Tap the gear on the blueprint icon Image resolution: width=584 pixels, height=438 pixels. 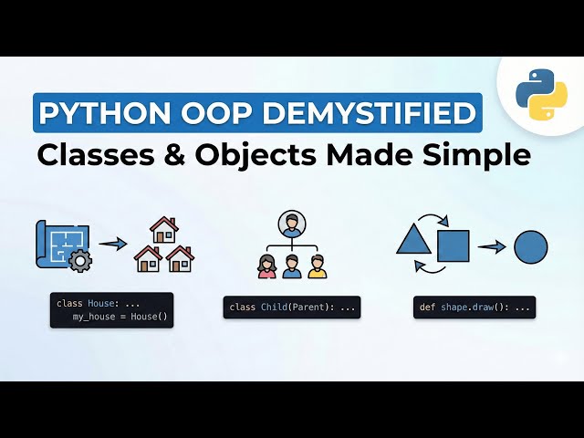click(80, 261)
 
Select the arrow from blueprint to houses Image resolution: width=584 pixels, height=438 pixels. click(113, 244)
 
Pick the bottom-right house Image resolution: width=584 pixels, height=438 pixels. click(180, 258)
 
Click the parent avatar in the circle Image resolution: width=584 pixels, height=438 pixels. click(292, 224)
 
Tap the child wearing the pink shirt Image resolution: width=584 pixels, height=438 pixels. click(267, 266)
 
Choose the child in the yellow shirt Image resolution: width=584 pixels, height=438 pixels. click(317, 266)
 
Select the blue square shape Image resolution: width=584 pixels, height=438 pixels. click(454, 245)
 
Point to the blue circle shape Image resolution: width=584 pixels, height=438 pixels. click(531, 246)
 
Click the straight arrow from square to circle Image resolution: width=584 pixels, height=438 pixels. click(492, 246)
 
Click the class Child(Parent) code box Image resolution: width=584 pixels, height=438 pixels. click(292, 308)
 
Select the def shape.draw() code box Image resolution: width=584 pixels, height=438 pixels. click(474, 308)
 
